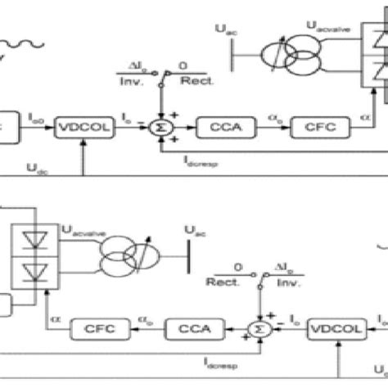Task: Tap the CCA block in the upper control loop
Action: (218, 129)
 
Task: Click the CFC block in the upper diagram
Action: (297, 129)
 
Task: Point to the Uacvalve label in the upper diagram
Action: (323, 29)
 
